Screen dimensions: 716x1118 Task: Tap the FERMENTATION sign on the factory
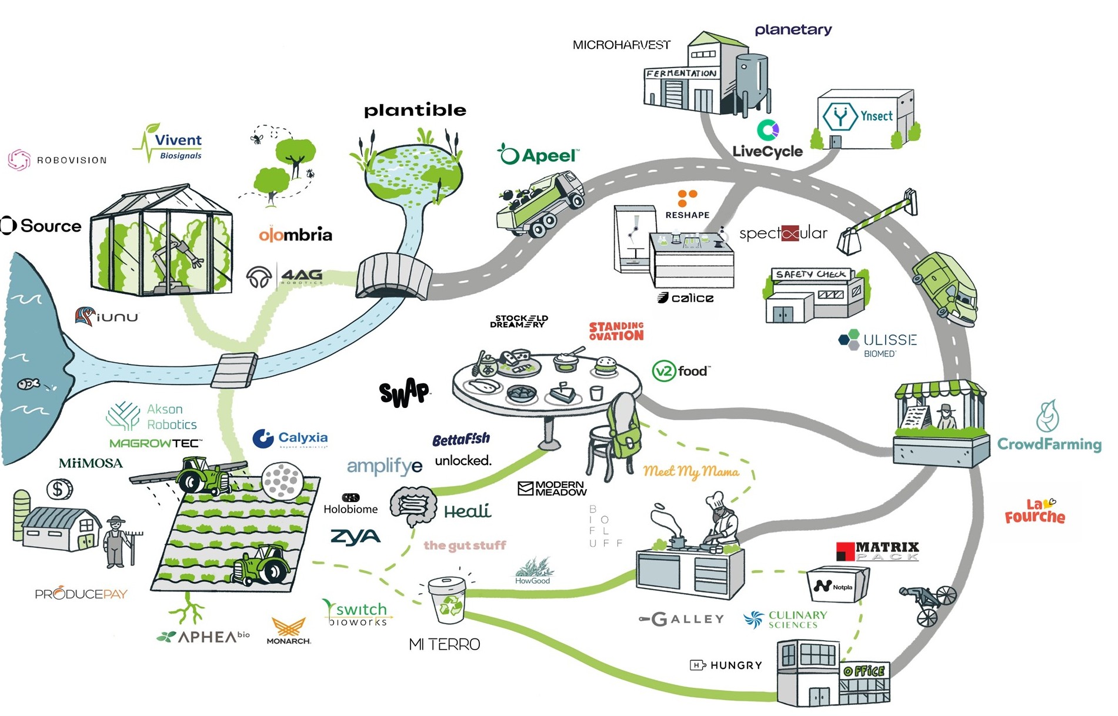click(x=681, y=73)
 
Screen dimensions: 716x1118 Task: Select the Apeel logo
click(x=539, y=155)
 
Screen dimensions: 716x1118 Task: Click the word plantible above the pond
click(x=415, y=111)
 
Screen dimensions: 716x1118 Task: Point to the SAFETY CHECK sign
click(x=810, y=274)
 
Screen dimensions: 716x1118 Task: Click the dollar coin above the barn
click(x=59, y=489)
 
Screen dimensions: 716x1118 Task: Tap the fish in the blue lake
click(x=28, y=384)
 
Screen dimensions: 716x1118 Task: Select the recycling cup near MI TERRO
click(x=448, y=600)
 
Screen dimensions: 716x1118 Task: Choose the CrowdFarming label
click(x=1049, y=444)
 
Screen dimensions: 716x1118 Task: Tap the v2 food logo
click(x=681, y=371)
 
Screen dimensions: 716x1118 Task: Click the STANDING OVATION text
click(x=616, y=331)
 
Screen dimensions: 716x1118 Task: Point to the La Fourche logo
click(x=1035, y=511)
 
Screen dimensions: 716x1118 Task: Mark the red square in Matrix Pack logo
click(x=845, y=551)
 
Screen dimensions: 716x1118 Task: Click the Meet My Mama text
click(x=690, y=471)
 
